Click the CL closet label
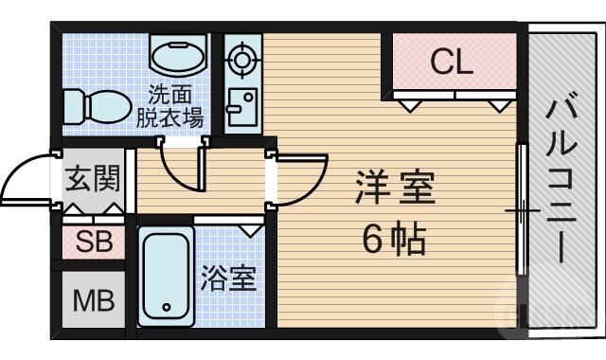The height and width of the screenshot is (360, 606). pyautogui.click(x=452, y=63)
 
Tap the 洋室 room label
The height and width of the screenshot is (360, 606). pyautogui.click(x=395, y=189)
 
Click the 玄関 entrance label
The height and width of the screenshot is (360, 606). pyautogui.click(x=93, y=178)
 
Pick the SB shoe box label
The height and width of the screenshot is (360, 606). pyautogui.click(x=94, y=243)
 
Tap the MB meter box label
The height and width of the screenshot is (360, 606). pyautogui.click(x=94, y=302)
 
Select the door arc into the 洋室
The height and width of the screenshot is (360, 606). pyautogui.click(x=301, y=180)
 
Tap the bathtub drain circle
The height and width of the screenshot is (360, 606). pyautogui.click(x=168, y=307)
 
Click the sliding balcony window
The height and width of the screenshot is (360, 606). pyautogui.click(x=520, y=208)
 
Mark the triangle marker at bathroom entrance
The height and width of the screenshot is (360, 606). pyautogui.click(x=251, y=229)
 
